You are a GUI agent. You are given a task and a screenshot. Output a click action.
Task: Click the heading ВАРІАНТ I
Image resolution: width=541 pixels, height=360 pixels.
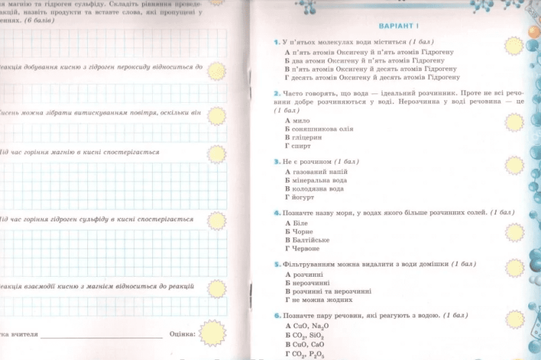399,26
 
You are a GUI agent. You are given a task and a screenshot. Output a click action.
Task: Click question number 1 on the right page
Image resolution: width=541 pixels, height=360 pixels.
277,42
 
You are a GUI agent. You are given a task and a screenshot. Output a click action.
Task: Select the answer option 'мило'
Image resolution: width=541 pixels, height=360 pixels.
302,120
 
